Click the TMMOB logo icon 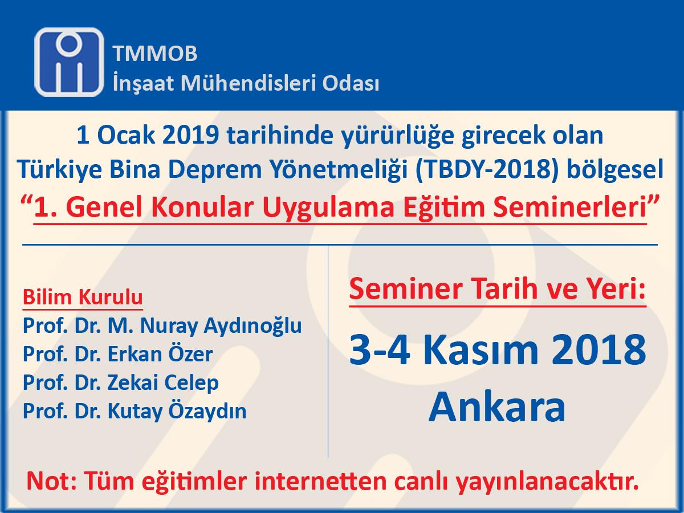pyautogui.click(x=69, y=62)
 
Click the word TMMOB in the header pyautogui.click(x=155, y=53)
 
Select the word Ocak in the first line pyautogui.click(x=126, y=136)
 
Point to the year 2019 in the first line pyautogui.click(x=190, y=136)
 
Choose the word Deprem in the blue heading pyautogui.click(x=215, y=170)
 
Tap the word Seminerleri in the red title pyautogui.click(x=569, y=207)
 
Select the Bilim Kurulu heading pyautogui.click(x=83, y=297)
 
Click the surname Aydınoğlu pyautogui.click(x=253, y=326)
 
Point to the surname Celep pyautogui.click(x=191, y=383)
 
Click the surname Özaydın pyautogui.click(x=207, y=411)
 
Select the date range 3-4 pyautogui.click(x=379, y=349)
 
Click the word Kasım pyautogui.click(x=480, y=349)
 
